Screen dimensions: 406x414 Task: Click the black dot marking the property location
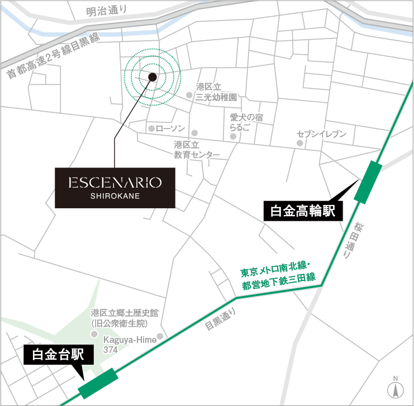tap(153, 78)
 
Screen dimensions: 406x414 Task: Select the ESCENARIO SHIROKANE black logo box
tap(115, 187)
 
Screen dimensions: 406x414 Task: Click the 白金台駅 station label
tap(54, 355)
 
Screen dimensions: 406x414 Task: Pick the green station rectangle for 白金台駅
tap(98, 383)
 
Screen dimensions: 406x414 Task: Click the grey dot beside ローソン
tap(151, 128)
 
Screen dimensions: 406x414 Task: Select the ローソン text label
tap(170, 128)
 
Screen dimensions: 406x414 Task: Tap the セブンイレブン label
tap(322, 134)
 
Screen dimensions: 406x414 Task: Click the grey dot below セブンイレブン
tap(300, 144)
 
